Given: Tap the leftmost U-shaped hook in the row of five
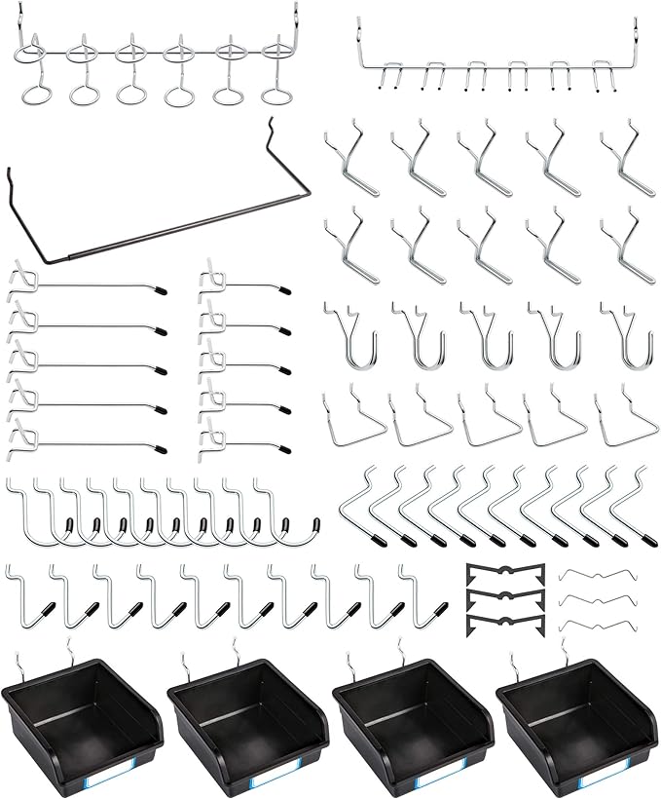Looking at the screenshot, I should (x=349, y=336).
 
